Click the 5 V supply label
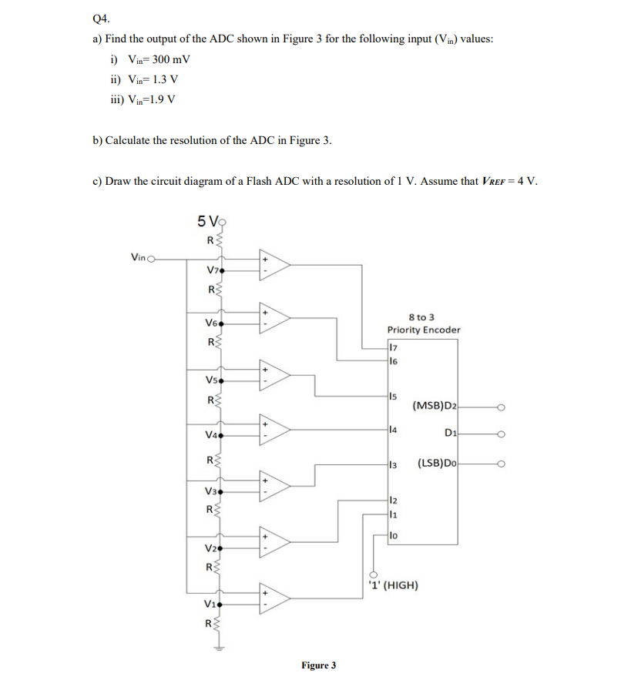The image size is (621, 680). tap(208, 222)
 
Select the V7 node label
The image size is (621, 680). tap(213, 270)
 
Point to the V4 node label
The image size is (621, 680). tap(213, 434)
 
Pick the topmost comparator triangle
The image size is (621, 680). tap(275, 264)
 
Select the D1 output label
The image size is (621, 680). tap(451, 434)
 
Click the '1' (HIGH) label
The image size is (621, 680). tap(395, 585)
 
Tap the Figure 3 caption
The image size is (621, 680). tap(318, 665)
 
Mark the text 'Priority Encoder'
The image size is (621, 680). tap(424, 330)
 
